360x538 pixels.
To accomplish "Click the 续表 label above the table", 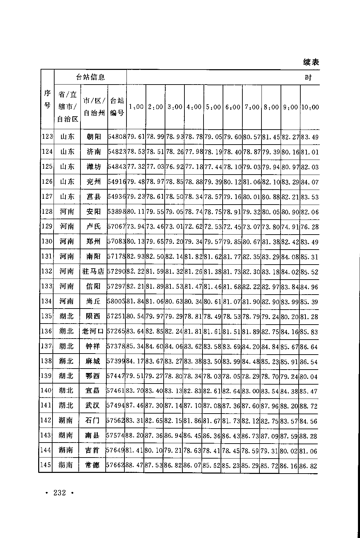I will click(311, 62).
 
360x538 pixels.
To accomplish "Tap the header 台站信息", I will click(90, 77).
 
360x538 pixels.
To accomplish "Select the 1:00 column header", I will click(136, 107).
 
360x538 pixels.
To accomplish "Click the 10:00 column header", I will click(310, 107).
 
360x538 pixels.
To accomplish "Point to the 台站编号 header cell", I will click(117, 107).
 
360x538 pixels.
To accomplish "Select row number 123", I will click(47, 137).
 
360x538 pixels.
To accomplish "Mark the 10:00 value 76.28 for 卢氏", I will click(310, 227).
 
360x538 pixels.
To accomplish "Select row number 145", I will click(46, 465).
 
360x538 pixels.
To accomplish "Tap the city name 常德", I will click(92, 465).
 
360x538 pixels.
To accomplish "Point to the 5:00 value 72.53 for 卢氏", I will click(213, 227).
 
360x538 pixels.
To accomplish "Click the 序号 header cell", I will click(47, 100).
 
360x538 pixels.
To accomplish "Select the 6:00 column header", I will click(232, 107).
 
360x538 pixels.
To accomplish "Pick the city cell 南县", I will click(92, 435).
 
